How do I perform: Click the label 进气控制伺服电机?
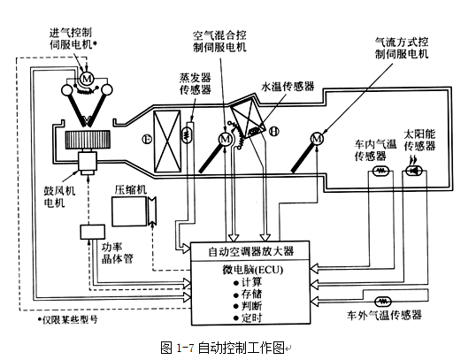coord(77,38)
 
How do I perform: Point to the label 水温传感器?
coord(285,88)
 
